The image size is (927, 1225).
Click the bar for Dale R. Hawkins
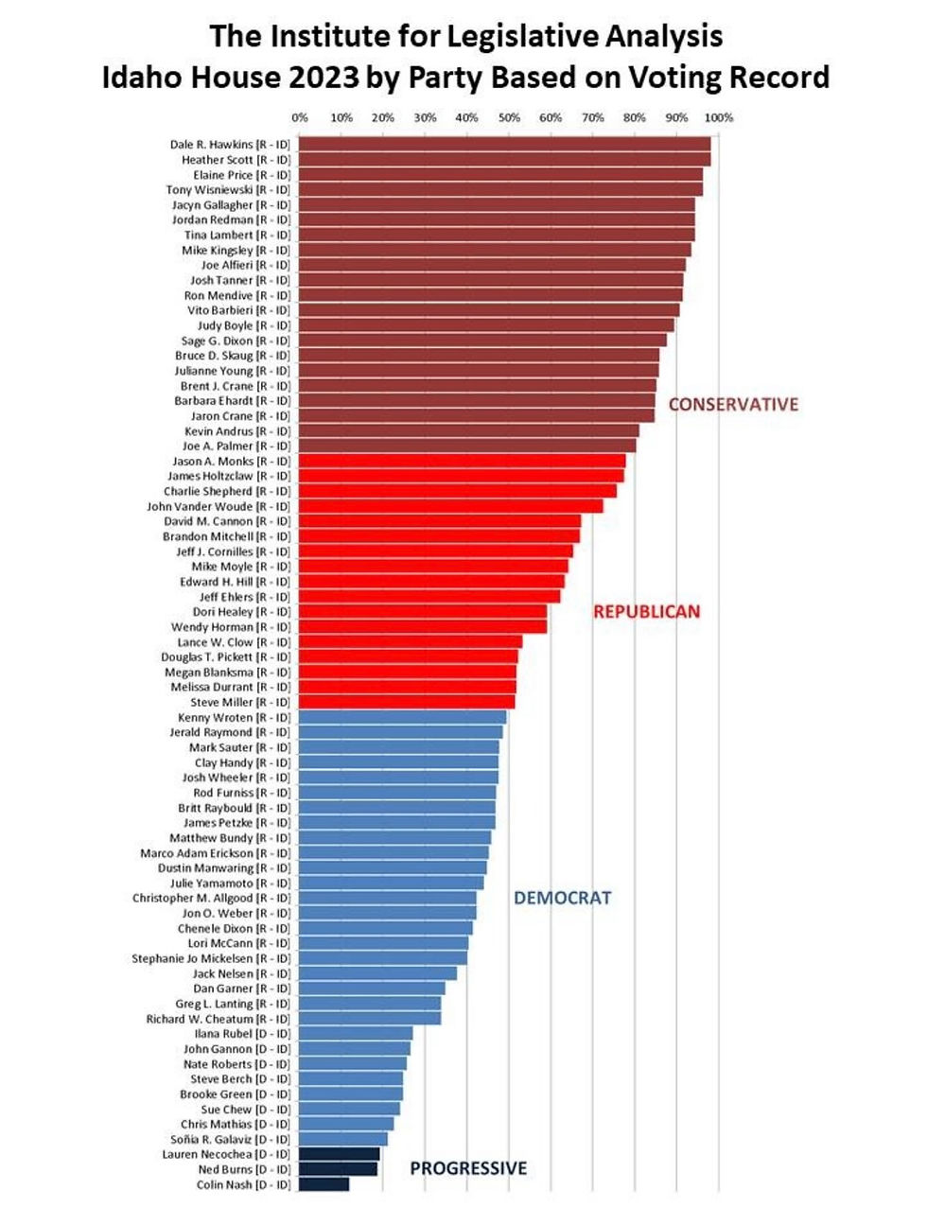pos(504,145)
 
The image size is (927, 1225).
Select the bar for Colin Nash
pos(324,1184)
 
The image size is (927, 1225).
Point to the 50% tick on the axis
pos(509,118)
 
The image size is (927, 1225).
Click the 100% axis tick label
pos(718,118)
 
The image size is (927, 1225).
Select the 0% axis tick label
pos(300,118)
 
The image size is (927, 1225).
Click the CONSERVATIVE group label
pos(733,405)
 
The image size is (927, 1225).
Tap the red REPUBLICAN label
pos(646,612)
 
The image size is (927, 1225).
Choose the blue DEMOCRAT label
pos(562,898)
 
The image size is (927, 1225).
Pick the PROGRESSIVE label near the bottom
pos(468,1168)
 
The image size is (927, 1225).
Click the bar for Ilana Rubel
pos(356,1034)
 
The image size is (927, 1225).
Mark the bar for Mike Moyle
pos(433,567)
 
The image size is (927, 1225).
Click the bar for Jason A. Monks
pos(462,462)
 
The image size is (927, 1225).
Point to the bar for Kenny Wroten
pos(402,717)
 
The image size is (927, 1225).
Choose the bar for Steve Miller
pos(407,702)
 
